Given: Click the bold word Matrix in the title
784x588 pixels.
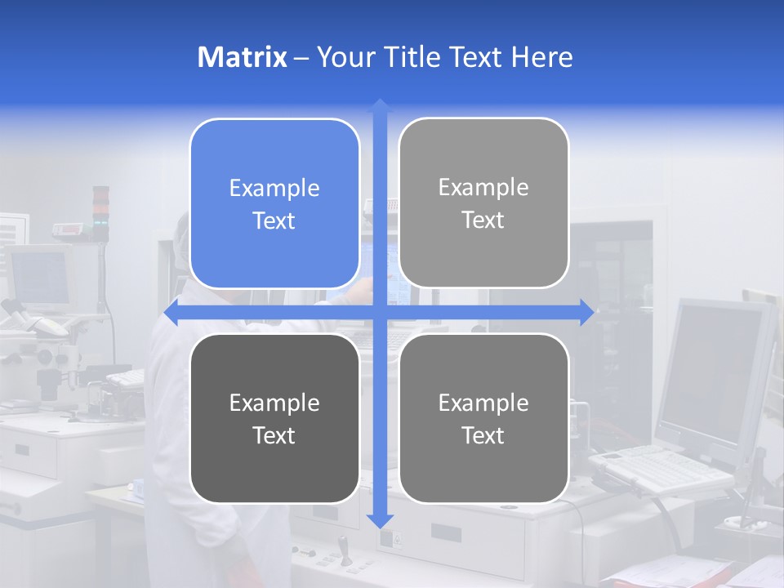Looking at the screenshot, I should coord(242,57).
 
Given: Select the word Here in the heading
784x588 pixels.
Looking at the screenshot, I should coord(541,57).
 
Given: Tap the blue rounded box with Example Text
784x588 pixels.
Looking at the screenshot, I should coord(274,204).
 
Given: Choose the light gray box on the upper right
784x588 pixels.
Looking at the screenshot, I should coord(483,203).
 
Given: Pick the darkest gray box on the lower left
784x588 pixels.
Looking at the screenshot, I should coord(274,418).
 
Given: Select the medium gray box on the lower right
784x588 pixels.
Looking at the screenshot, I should coord(483,418).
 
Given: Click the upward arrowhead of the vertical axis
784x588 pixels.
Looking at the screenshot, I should coord(380,105).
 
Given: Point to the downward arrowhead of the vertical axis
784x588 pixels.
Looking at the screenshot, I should coord(380,520).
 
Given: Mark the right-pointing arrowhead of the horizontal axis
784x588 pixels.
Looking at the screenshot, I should coord(586,313).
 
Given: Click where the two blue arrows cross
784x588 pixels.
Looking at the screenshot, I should coord(380,313).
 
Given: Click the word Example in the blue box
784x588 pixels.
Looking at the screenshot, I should coord(274,188).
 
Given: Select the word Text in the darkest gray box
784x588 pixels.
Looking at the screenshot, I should coord(274,435).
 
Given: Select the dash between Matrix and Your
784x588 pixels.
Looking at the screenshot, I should coord(301,58).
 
